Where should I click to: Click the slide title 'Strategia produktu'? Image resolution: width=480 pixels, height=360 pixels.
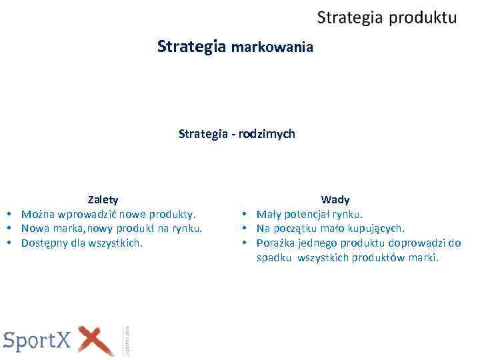[387, 17]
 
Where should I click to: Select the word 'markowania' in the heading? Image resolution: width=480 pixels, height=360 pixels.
[271, 47]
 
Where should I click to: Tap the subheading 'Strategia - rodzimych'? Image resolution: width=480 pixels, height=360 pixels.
[237, 134]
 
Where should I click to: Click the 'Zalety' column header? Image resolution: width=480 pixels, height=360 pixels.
[103, 199]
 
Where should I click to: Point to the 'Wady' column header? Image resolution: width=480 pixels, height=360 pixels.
[335, 199]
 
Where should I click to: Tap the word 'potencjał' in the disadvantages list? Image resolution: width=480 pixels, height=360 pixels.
[307, 214]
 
